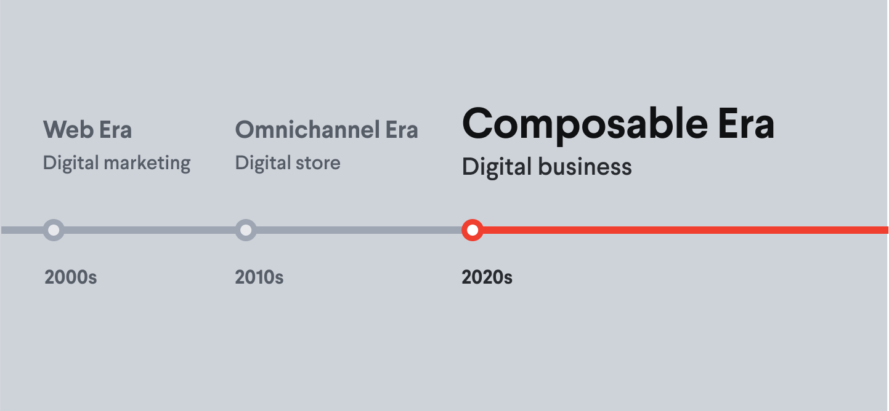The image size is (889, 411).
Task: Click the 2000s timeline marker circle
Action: pyautogui.click(x=54, y=230)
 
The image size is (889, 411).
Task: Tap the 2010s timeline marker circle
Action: pyautogui.click(x=246, y=230)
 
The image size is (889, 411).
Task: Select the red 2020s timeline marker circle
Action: pyautogui.click(x=473, y=230)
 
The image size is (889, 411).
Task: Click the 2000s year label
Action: pyautogui.click(x=71, y=277)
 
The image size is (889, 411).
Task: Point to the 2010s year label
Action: pyautogui.click(x=259, y=277)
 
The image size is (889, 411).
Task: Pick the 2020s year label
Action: pyautogui.click(x=487, y=277)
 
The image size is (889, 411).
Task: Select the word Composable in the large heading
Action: pyautogui.click(x=585, y=124)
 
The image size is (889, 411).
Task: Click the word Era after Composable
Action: pyautogui.click(x=746, y=124)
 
